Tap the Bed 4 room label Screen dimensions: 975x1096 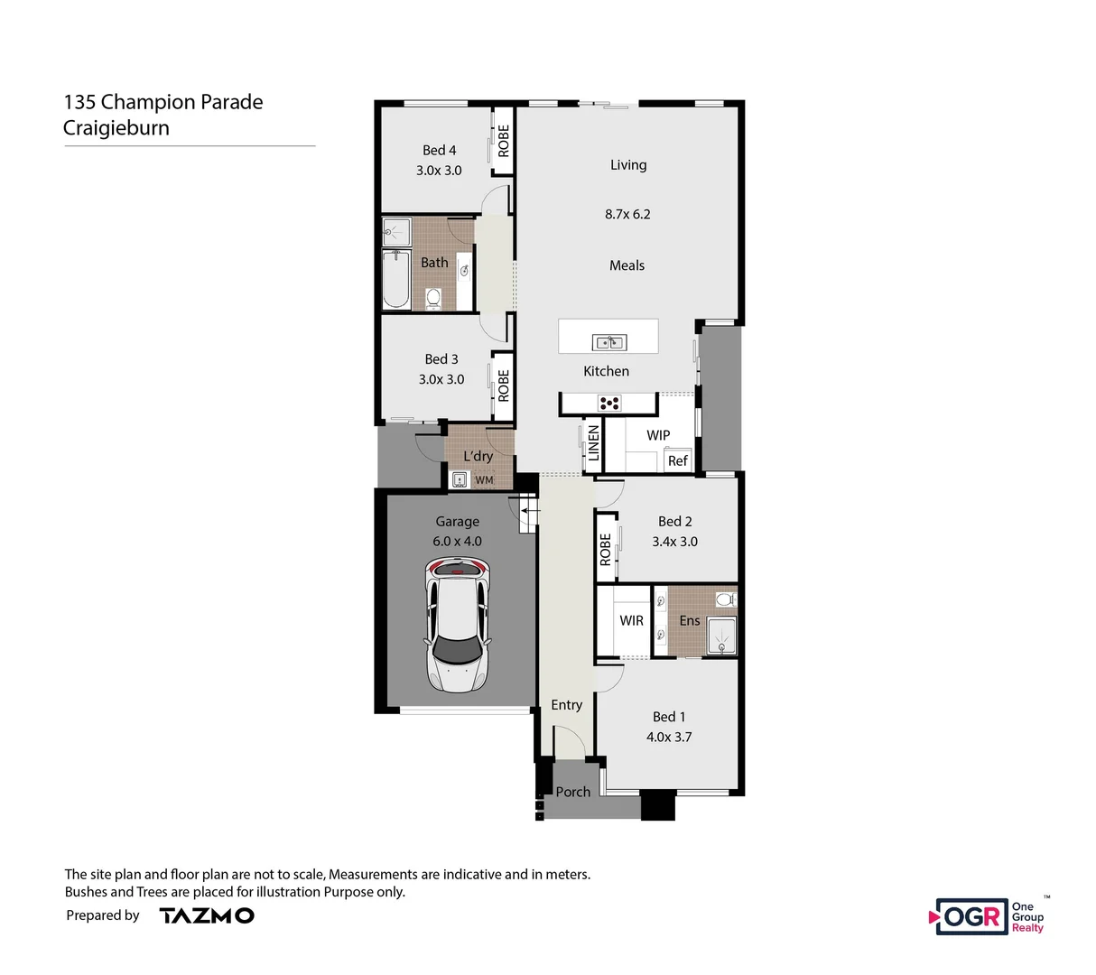pos(439,151)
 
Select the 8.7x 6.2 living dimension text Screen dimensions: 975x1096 pos(627,215)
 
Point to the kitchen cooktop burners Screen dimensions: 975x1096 pos(610,404)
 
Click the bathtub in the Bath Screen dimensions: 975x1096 pos(395,280)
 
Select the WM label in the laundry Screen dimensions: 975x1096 pos(484,480)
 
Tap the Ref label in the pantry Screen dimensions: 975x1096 pos(677,460)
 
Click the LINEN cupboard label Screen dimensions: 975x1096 pos(593,443)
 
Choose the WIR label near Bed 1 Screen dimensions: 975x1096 pos(631,620)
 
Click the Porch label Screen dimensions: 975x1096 pos(572,792)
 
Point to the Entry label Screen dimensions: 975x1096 pos(566,705)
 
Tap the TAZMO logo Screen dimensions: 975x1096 pos(207,915)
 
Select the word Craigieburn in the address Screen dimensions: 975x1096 pos(116,128)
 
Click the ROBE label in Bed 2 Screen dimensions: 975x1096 pos(605,549)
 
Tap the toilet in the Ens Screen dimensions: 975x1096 pos(724,599)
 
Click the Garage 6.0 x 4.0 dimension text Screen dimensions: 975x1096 pos(457,542)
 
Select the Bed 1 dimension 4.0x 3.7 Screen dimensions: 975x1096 pos(668,737)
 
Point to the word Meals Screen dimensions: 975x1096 pos(627,265)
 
